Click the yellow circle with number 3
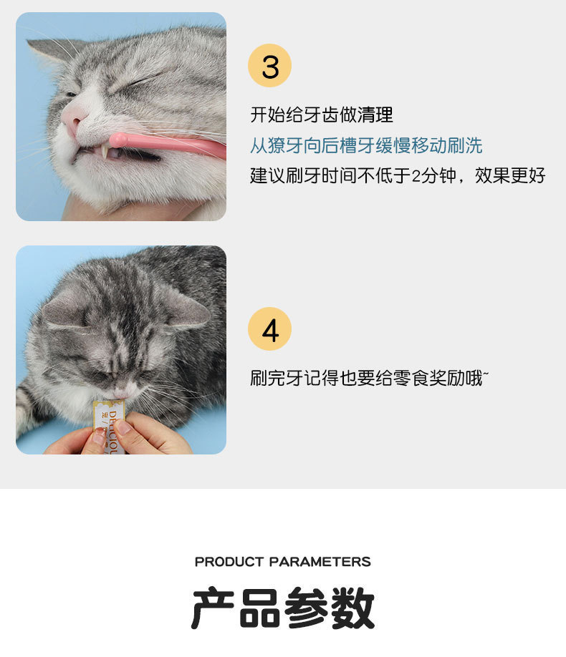(x=269, y=65)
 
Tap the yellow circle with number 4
(x=269, y=328)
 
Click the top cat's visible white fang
(x=104, y=151)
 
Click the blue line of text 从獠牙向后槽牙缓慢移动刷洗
(x=366, y=145)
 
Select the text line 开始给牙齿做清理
(x=322, y=115)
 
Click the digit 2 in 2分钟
(x=416, y=176)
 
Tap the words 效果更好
(x=510, y=175)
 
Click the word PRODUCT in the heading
(x=229, y=562)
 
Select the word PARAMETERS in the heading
(x=320, y=562)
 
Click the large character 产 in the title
(x=213, y=607)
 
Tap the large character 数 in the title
(x=352, y=607)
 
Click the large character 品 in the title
(x=259, y=607)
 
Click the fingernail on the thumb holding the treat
(x=124, y=427)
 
